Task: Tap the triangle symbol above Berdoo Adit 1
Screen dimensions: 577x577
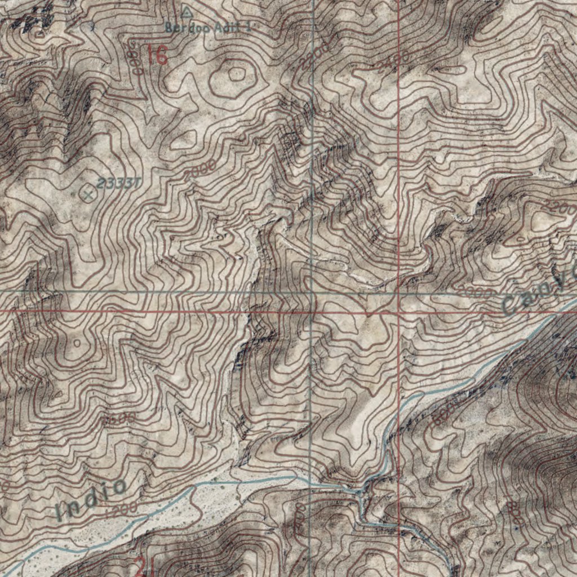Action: pyautogui.click(x=187, y=11)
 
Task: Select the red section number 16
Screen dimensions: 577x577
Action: pyautogui.click(x=158, y=56)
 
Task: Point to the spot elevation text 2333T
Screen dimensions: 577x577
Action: pyautogui.click(x=118, y=183)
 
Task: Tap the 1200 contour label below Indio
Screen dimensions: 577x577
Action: pyautogui.click(x=121, y=508)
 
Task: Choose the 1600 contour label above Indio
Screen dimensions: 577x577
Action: pyautogui.click(x=118, y=419)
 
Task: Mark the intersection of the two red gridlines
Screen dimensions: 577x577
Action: pyautogui.click(x=399, y=310)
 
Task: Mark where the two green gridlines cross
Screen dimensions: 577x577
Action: pyautogui.click(x=313, y=293)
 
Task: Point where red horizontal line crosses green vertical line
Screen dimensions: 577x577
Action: pyautogui.click(x=312, y=310)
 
